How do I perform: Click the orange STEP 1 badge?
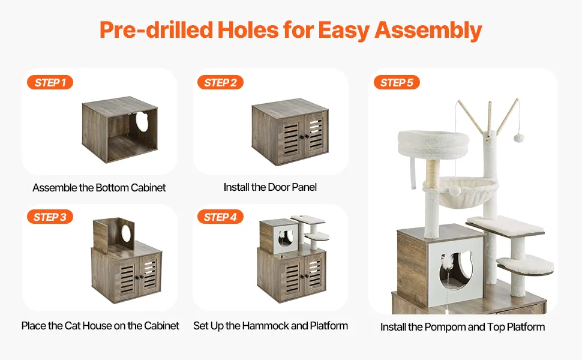pyautogui.click(x=50, y=82)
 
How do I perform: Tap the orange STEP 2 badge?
pyautogui.click(x=220, y=82)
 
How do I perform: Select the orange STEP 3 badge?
pyautogui.click(x=50, y=217)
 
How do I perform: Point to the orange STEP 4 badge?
pyautogui.click(x=220, y=217)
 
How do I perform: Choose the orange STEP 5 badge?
pyautogui.click(x=397, y=82)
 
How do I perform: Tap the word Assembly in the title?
pyautogui.click(x=428, y=31)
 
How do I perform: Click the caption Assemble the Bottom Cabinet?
pyautogui.click(x=99, y=188)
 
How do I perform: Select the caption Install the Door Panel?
pyautogui.click(x=270, y=187)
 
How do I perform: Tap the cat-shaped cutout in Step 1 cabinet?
pyautogui.click(x=142, y=121)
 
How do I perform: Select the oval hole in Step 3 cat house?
pyautogui.click(x=126, y=233)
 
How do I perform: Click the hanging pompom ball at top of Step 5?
pyautogui.click(x=518, y=139)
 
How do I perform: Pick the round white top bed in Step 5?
pyautogui.click(x=433, y=144)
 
